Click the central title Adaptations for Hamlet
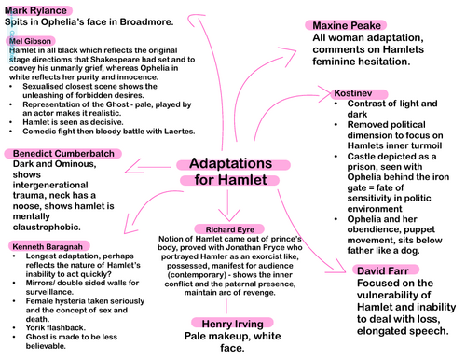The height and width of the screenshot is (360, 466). point(224,170)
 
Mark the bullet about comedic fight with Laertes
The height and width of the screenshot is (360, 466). point(97,132)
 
